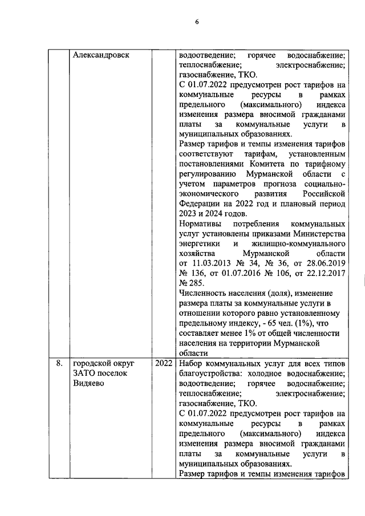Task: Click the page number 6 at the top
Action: [x=196, y=22]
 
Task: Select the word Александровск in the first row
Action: [x=102, y=55]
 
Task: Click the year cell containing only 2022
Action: [x=164, y=362]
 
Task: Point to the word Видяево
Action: [x=88, y=383]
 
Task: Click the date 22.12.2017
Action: [x=324, y=275]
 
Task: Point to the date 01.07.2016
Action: [x=233, y=275]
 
